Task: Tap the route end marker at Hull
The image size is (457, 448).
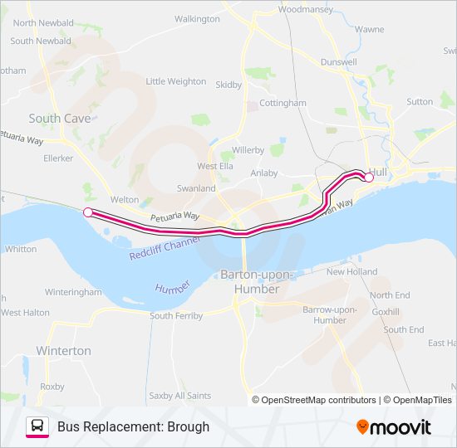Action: pyautogui.click(x=370, y=177)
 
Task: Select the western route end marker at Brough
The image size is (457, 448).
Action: pyautogui.click(x=87, y=212)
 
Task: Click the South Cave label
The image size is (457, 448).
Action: pyautogui.click(x=60, y=119)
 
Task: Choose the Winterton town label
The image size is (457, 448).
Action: pyautogui.click(x=63, y=351)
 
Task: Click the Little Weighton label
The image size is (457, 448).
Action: pyautogui.click(x=175, y=81)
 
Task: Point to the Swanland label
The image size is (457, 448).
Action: pyautogui.click(x=196, y=188)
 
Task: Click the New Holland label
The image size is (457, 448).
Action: pyautogui.click(x=351, y=272)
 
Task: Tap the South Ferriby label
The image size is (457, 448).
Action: pyautogui.click(x=175, y=316)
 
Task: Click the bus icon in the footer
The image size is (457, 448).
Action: pyautogui.click(x=37, y=426)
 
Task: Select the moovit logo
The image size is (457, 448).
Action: pyautogui.click(x=394, y=427)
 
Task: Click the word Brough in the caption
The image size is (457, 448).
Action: pyautogui.click(x=189, y=427)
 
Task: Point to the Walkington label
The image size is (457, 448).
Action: pyautogui.click(x=197, y=18)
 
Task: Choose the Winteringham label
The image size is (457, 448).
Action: pyautogui.click(x=72, y=293)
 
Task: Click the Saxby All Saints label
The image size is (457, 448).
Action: pyautogui.click(x=179, y=396)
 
